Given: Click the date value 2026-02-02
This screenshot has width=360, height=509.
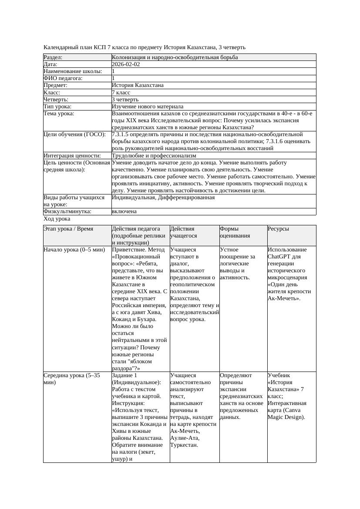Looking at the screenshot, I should coord(126,64).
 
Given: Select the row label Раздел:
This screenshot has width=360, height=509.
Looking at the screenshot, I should coord(53,57).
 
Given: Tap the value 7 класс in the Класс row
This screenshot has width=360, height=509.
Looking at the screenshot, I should coord(122,93).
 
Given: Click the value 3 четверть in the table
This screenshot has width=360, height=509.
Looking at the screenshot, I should coord(126,100).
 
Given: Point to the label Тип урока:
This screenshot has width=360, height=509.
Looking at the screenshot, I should coord(57,107).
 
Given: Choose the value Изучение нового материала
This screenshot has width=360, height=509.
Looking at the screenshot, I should coord(148,107).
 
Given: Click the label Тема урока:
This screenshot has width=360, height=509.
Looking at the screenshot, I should coord(59,114).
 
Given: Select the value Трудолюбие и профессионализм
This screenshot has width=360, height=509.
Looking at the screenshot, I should coord(154,156).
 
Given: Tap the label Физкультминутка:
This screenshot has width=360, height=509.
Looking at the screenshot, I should coord(67,211).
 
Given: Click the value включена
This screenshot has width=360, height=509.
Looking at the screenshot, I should coord(124,211).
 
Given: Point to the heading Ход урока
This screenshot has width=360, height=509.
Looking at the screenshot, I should coord(57,219).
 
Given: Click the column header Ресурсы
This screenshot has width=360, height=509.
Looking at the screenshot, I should coord(278,229).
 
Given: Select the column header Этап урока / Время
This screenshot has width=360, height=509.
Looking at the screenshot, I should coord(68,229).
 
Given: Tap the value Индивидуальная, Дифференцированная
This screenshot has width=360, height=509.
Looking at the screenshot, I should coord(163,198).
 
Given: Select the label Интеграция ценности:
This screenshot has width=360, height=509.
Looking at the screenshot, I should coord(72,156).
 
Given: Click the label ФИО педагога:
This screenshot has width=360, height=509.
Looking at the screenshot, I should coord(63,78).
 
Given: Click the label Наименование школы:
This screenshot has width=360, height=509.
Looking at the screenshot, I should coord(73,71).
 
